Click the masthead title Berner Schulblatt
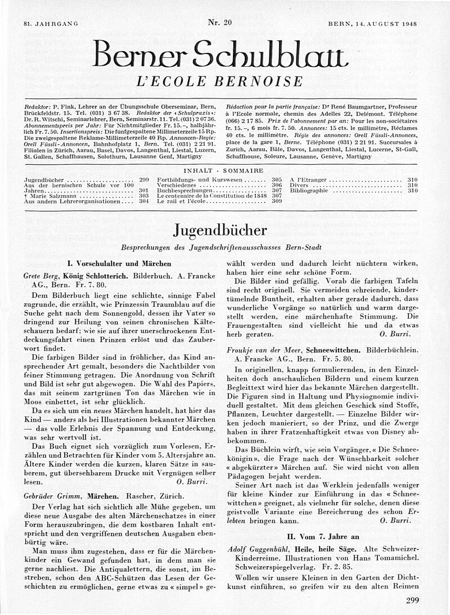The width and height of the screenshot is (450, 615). (x=220, y=54)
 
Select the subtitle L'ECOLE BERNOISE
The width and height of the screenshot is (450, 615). (x=220, y=82)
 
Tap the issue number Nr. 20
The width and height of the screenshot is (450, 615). (x=219, y=22)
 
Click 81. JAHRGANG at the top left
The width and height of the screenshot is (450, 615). (x=50, y=24)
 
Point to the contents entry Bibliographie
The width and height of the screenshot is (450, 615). (x=308, y=191)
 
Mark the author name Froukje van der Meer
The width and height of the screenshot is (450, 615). (x=264, y=349)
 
